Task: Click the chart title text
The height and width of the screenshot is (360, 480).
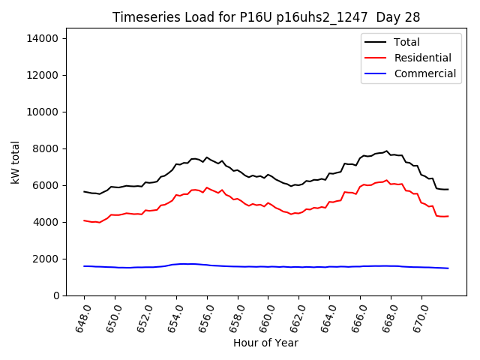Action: pyautogui.click(x=266, y=17)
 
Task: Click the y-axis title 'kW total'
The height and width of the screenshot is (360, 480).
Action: pyautogui.click(x=15, y=162)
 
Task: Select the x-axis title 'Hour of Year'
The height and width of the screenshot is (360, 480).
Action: pyautogui.click(x=265, y=343)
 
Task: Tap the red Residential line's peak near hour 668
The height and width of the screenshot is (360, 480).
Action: pyautogui.click(x=387, y=180)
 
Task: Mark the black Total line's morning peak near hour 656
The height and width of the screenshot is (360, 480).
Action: pyautogui.click(x=207, y=157)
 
